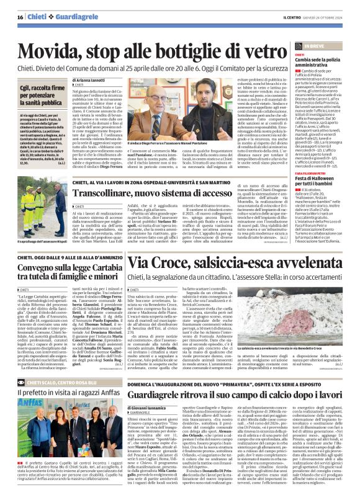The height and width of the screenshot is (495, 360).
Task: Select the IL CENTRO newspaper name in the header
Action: (x=287, y=16)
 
